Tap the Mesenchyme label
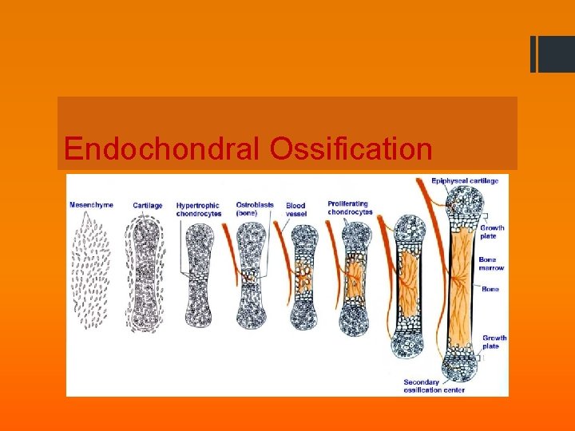(92, 205)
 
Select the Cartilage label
(147, 205)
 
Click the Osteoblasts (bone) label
(255, 209)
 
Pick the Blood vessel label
(296, 209)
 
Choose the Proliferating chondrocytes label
(350, 208)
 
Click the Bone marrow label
(491, 263)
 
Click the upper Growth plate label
(492, 232)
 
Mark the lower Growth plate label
(494, 342)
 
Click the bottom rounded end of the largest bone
(465, 367)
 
